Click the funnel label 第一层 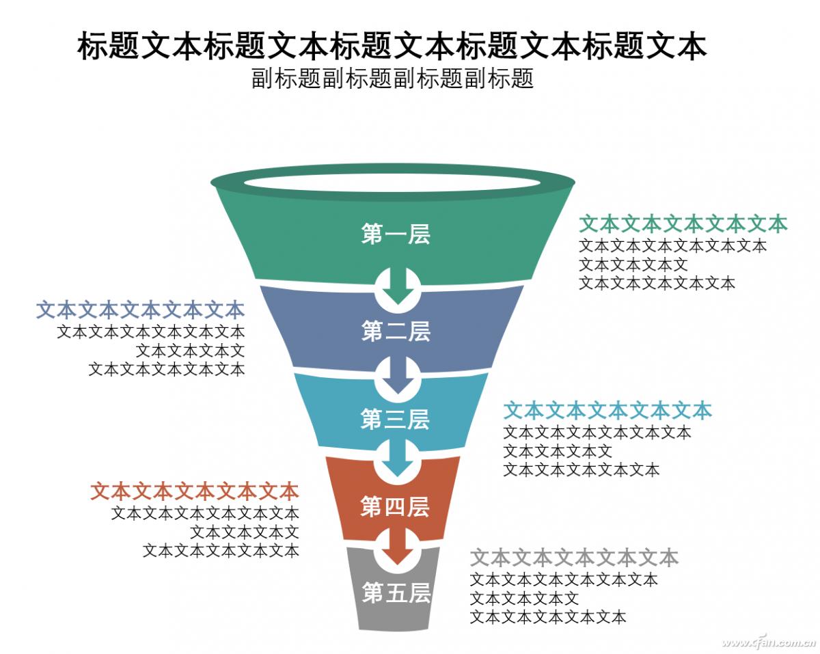coord(396,234)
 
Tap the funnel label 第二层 coord(396,331)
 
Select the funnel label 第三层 coord(395,419)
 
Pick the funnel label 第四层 coord(395,506)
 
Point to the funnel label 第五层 coord(396,592)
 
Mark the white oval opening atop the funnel coord(392,182)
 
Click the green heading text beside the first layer coord(683,223)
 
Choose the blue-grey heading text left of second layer coord(140,310)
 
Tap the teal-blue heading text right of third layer coord(607,410)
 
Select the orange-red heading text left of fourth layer coord(195,491)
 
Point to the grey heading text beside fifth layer coord(574,558)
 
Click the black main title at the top coord(392,46)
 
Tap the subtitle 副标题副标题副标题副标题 coord(392,79)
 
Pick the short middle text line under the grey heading coord(525,599)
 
